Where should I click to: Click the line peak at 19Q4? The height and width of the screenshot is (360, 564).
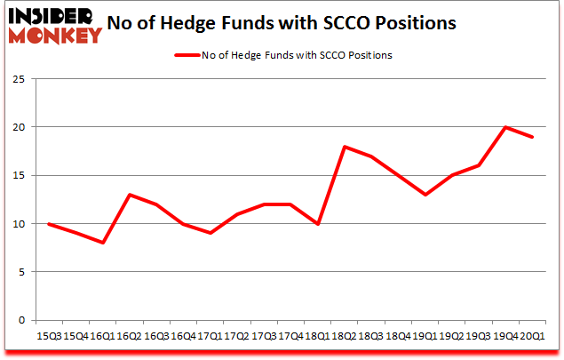(x=504, y=127)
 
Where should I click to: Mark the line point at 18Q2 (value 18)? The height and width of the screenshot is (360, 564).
(x=344, y=147)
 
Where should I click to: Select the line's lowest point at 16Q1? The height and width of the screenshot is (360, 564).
(x=103, y=243)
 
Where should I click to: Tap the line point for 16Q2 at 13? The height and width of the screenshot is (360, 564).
(x=130, y=195)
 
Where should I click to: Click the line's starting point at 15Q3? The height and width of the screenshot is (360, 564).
(x=49, y=224)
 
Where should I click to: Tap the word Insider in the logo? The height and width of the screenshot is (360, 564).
(x=44, y=17)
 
